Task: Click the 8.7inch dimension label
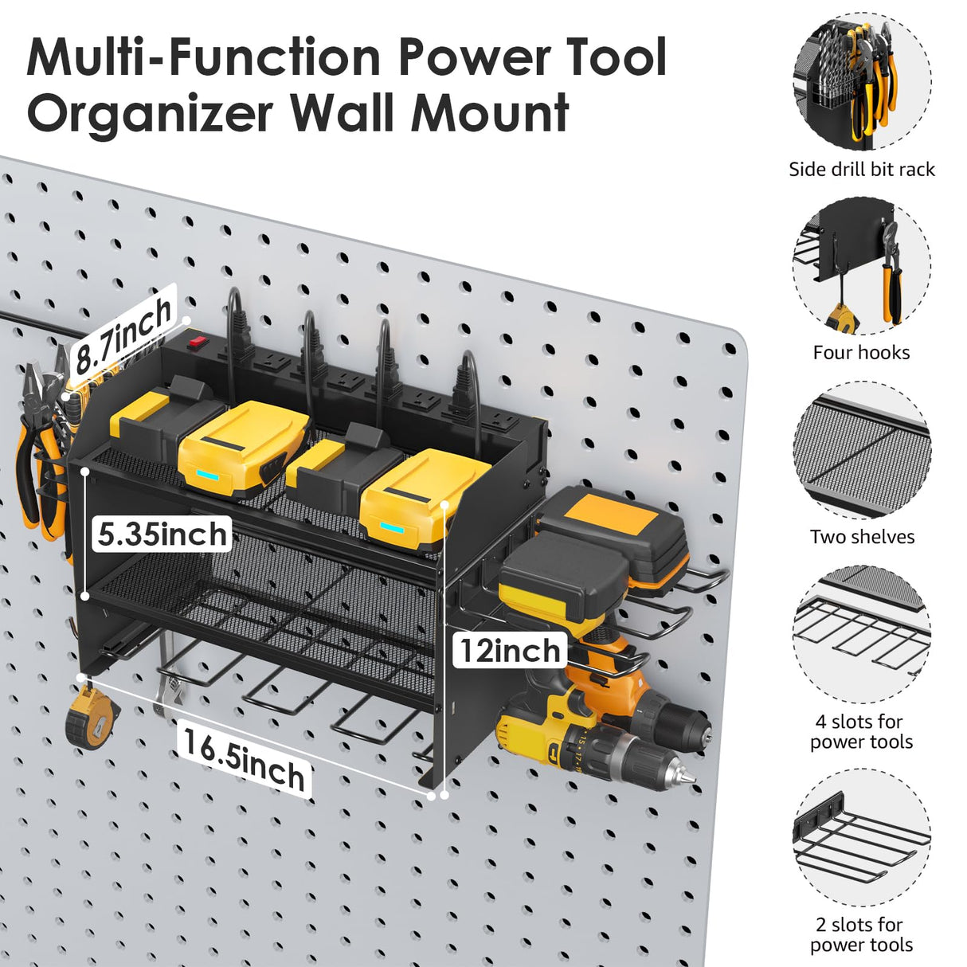pyautogui.click(x=123, y=335)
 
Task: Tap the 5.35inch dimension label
pyautogui.click(x=162, y=534)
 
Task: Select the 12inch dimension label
pyautogui.click(x=510, y=651)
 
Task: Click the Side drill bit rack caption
pyautogui.click(x=861, y=169)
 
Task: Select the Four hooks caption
pyautogui.click(x=861, y=352)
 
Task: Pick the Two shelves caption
pyautogui.click(x=862, y=537)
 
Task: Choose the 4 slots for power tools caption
pyautogui.click(x=861, y=731)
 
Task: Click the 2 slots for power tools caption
pyautogui.click(x=861, y=934)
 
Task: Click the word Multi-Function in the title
pyautogui.click(x=203, y=57)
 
